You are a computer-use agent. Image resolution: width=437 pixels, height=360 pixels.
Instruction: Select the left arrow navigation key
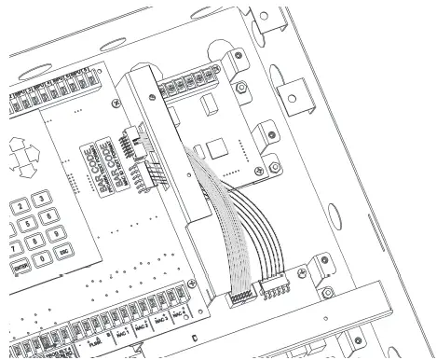click(x=7, y=156)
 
